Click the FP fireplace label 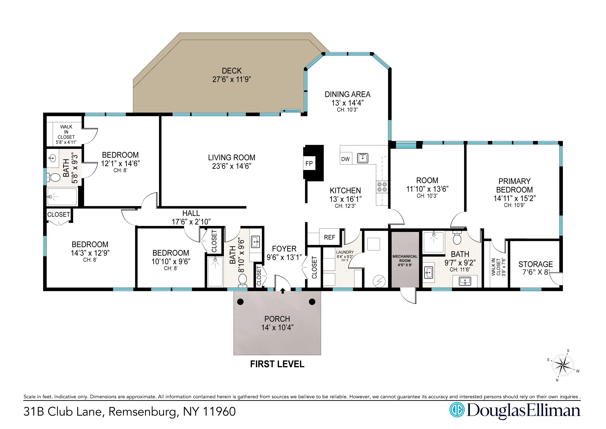coord(309,163)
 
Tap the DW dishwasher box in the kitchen coord(346,159)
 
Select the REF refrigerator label coord(329,237)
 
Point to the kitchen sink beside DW coord(363,158)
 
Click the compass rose coord(563,366)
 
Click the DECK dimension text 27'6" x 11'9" coord(231,79)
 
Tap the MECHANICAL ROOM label coord(405,260)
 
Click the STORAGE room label coord(536,264)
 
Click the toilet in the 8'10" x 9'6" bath coord(242,280)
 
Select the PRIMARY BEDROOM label coord(514,185)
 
